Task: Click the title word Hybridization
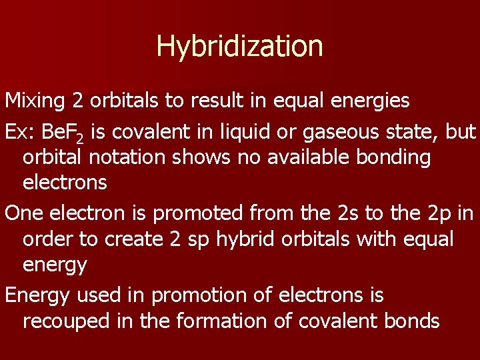click(239, 46)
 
